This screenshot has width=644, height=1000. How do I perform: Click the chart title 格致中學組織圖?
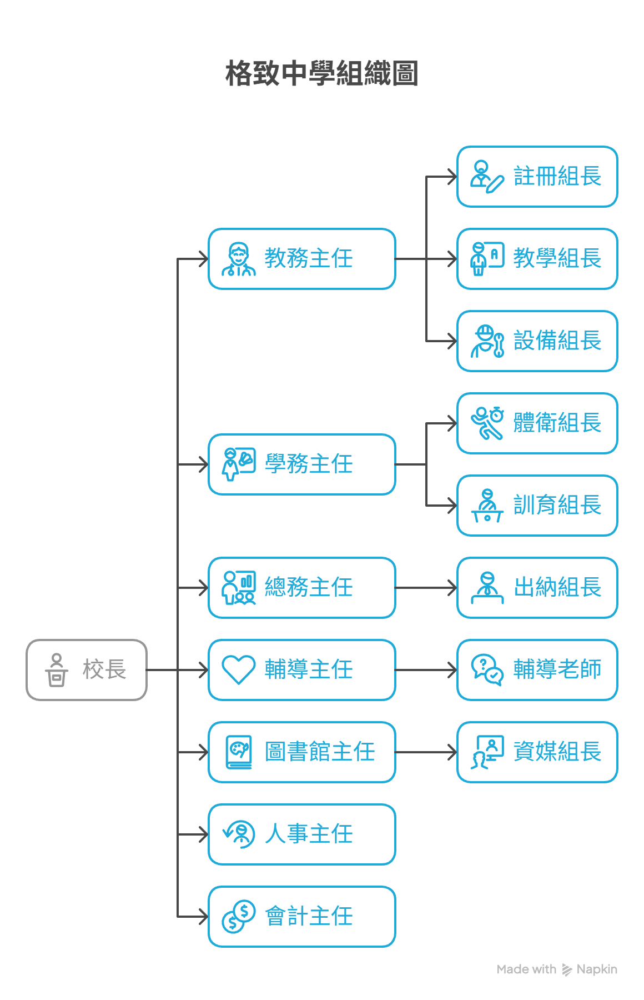pyautogui.click(x=321, y=73)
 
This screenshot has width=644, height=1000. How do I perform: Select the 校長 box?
pyautogui.click(x=87, y=669)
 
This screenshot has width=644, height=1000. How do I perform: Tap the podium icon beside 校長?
pyautogui.click(x=57, y=669)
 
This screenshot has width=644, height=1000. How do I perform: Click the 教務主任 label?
pyautogui.click(x=309, y=258)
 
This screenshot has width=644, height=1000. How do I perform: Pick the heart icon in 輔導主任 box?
pyautogui.click(x=238, y=669)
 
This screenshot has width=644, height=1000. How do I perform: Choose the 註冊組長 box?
pyautogui.click(x=537, y=177)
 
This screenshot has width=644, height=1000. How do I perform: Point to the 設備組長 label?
pyautogui.click(x=557, y=341)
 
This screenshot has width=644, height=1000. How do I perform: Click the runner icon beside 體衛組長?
pyautogui.click(x=487, y=423)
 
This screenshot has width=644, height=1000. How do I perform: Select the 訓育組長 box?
pyautogui.click(x=537, y=505)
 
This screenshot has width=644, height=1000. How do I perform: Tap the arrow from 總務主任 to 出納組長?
pyautogui.click(x=426, y=587)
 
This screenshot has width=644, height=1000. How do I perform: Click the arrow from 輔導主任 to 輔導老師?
pyautogui.click(x=426, y=669)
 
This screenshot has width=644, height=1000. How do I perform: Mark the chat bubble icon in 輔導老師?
pyautogui.click(x=487, y=669)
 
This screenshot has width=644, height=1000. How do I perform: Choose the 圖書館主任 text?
pyautogui.click(x=320, y=752)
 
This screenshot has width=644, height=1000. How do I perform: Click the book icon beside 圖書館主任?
pyautogui.click(x=239, y=752)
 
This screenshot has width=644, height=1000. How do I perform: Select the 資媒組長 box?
pyautogui.click(x=537, y=752)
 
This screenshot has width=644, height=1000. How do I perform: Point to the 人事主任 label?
pyautogui.click(x=309, y=834)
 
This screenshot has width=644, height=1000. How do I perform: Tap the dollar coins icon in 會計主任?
pyautogui.click(x=238, y=916)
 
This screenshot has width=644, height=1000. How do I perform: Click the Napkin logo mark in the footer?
pyautogui.click(x=567, y=969)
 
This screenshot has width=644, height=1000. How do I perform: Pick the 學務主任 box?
pyautogui.click(x=301, y=464)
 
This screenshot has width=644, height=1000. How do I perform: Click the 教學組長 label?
pyautogui.click(x=557, y=258)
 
